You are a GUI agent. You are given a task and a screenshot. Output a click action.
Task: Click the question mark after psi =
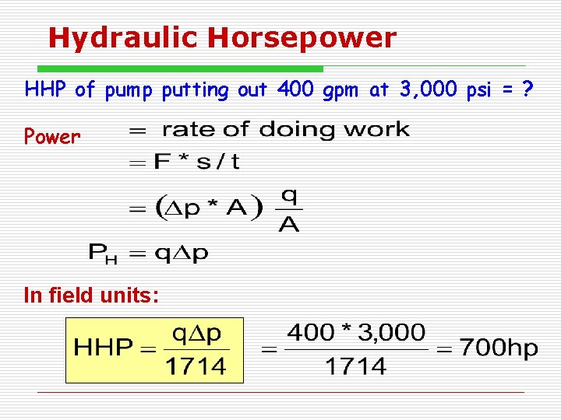click(x=528, y=90)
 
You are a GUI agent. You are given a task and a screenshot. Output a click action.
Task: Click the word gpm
click(x=337, y=92)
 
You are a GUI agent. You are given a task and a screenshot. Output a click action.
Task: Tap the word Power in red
click(x=52, y=138)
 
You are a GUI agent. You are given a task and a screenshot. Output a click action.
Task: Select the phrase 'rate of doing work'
click(x=285, y=129)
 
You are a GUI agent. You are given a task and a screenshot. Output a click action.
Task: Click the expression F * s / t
click(x=196, y=162)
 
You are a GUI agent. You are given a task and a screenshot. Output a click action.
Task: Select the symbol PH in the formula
click(x=102, y=252)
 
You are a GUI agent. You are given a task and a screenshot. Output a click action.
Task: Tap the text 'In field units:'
click(x=92, y=296)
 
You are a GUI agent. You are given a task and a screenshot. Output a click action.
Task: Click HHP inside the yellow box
click(x=104, y=348)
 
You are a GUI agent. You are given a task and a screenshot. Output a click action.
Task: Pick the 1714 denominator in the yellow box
click(x=196, y=366)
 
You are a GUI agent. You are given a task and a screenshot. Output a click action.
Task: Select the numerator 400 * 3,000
click(x=356, y=334)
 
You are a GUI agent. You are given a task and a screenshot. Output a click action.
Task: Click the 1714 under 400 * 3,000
click(x=356, y=366)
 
